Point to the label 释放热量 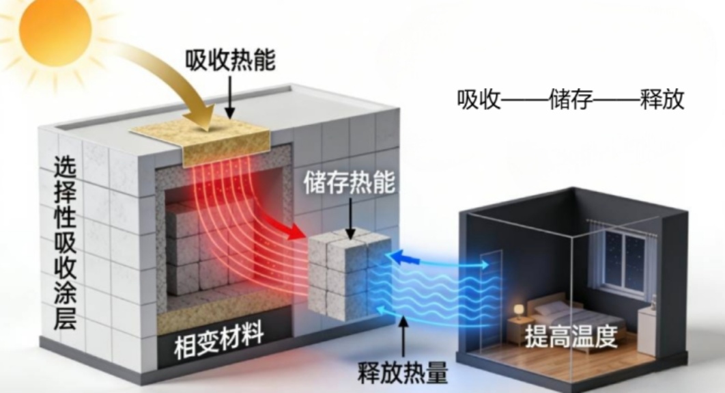(x=403, y=373)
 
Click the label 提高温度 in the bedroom (x=571, y=338)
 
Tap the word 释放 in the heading (x=662, y=100)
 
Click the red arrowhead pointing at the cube (x=294, y=230)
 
